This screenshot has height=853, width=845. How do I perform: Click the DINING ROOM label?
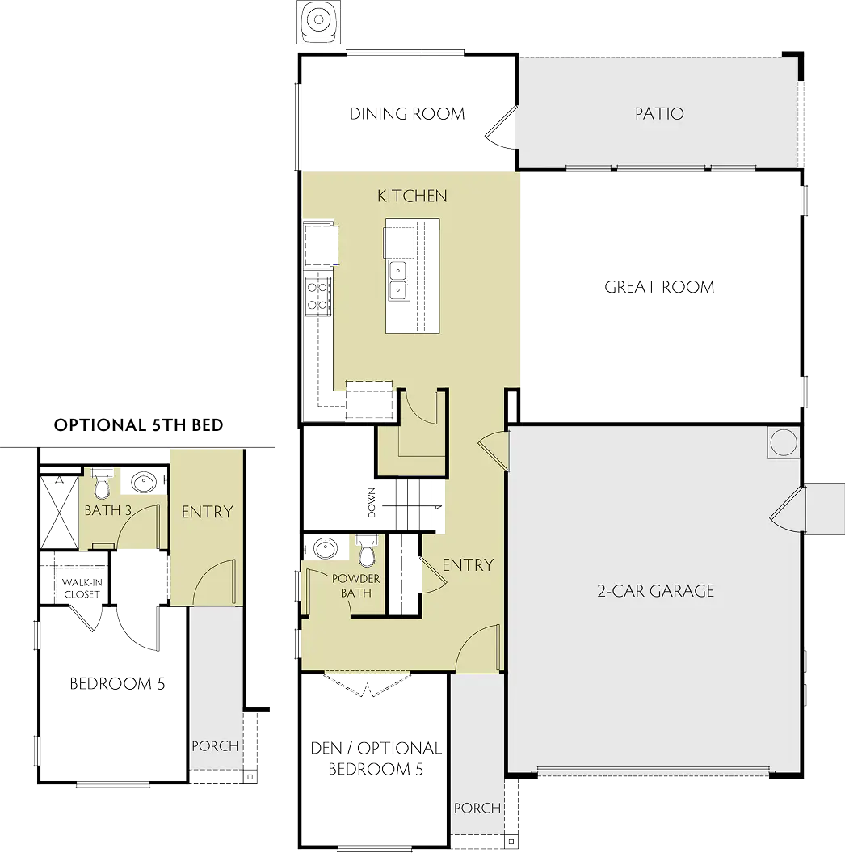[x=407, y=114]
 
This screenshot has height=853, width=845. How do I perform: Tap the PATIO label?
[x=659, y=114]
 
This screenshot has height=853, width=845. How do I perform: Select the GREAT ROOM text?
[x=659, y=287]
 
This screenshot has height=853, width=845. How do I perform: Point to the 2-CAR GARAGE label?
[x=655, y=591]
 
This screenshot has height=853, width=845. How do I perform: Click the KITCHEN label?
[x=412, y=196]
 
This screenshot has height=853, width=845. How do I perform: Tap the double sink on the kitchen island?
[x=398, y=280]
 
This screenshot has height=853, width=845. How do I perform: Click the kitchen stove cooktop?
[x=317, y=296]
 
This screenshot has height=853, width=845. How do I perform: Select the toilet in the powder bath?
[x=368, y=551]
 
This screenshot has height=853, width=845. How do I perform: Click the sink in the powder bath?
[x=326, y=548]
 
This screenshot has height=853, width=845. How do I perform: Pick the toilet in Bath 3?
[x=102, y=484]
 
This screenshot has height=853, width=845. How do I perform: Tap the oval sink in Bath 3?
[x=144, y=482]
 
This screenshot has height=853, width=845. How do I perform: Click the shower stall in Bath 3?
[x=59, y=512]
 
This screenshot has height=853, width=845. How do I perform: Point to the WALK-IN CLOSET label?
[x=82, y=588]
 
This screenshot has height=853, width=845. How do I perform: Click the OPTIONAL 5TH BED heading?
[x=139, y=424]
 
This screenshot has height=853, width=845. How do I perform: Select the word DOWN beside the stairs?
[x=372, y=503]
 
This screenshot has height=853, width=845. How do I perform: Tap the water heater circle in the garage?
[x=784, y=441]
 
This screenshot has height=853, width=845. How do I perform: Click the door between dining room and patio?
[x=501, y=129]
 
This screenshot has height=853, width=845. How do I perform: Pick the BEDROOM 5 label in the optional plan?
[x=117, y=683]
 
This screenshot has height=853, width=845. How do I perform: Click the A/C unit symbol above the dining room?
[x=318, y=22]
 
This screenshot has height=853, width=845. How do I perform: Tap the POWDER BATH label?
[x=356, y=585]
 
